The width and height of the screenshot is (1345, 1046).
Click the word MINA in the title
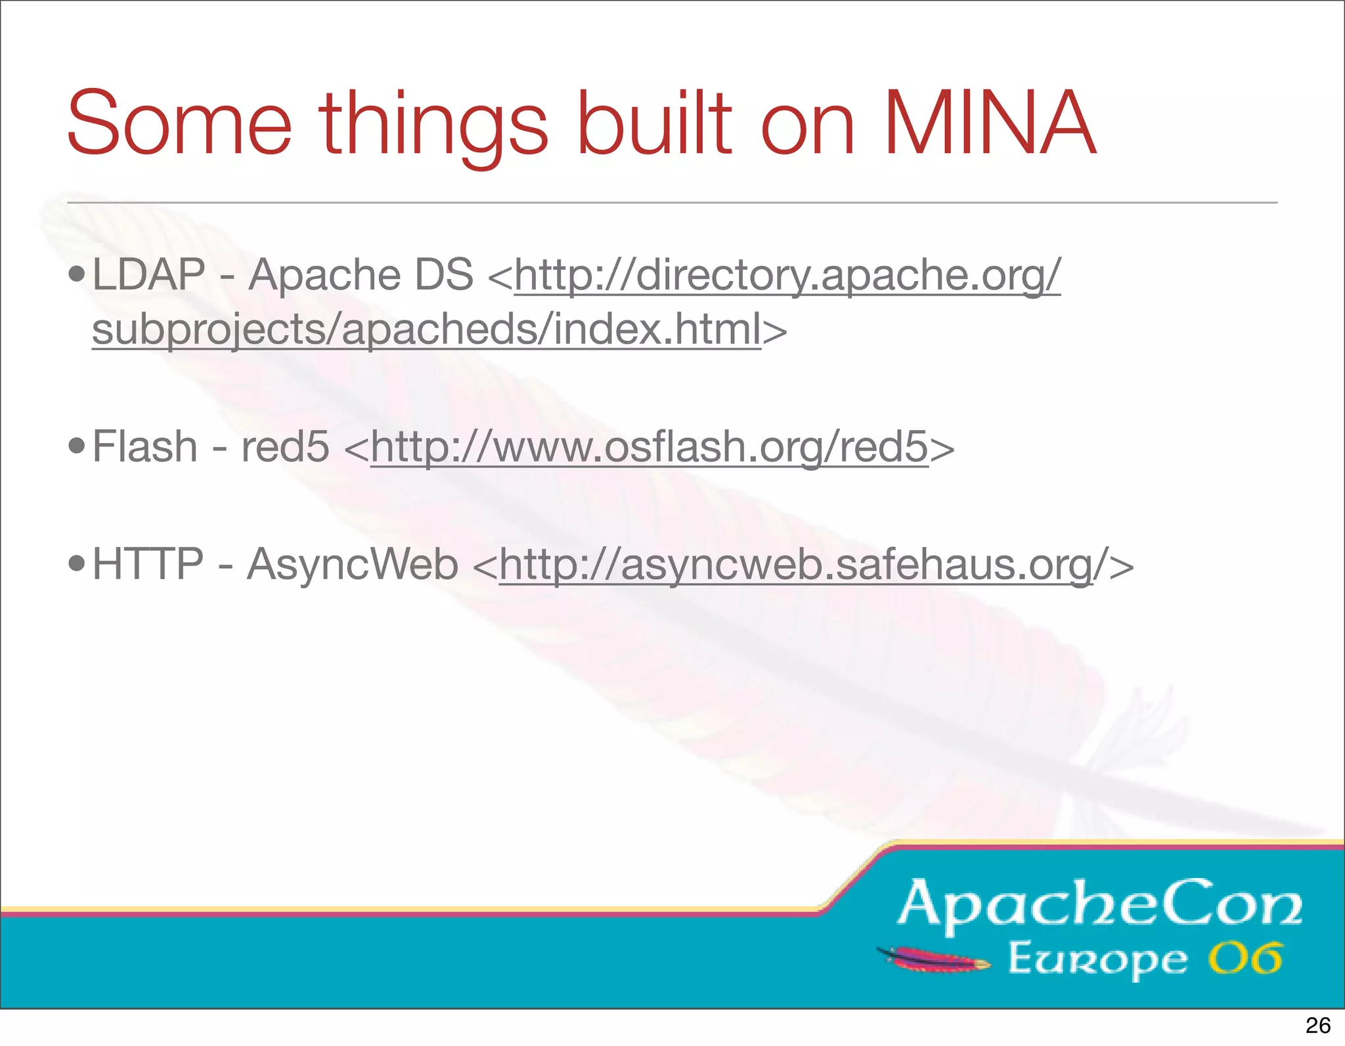coord(990,123)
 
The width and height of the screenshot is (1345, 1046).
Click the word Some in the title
coord(179,123)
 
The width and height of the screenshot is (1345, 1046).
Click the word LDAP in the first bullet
coord(149,274)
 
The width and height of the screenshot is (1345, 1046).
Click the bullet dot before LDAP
coord(77,274)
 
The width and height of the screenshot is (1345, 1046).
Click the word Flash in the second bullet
coord(145,447)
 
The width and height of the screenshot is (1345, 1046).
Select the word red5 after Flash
coord(285,447)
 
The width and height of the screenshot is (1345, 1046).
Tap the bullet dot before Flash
coord(77,447)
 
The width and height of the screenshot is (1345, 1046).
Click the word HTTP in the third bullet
coord(148,564)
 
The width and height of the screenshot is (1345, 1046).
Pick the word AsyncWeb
coord(353,564)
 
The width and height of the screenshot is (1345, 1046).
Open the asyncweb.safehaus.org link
coord(796,565)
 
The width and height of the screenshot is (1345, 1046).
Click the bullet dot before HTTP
coord(77,565)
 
